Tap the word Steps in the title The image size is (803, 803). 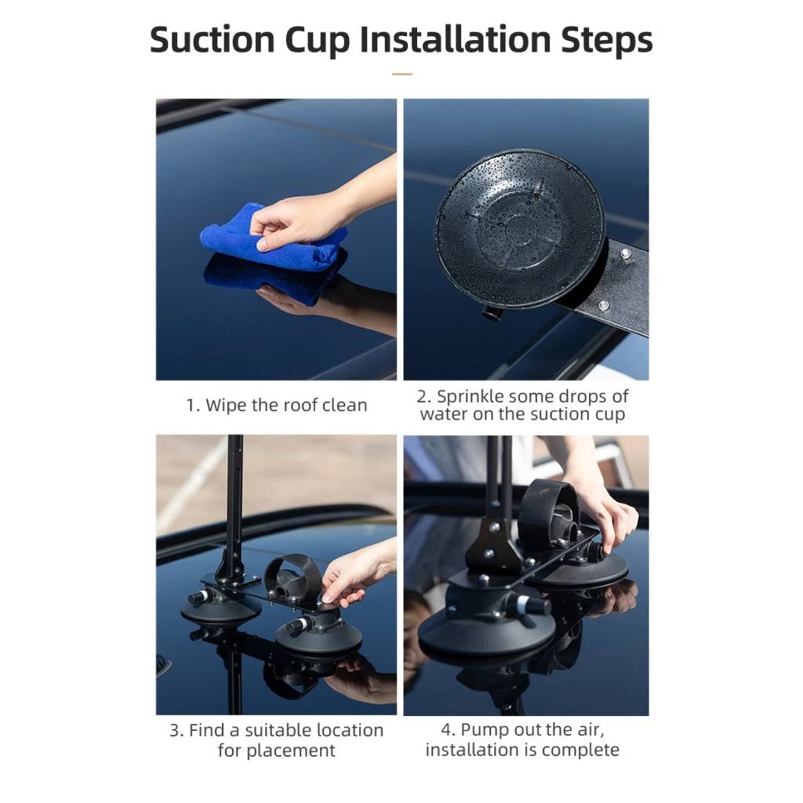pyautogui.click(x=606, y=39)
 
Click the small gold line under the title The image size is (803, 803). pyautogui.click(x=401, y=74)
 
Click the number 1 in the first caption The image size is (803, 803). pyautogui.click(x=191, y=405)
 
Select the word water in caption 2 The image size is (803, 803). pyautogui.click(x=445, y=415)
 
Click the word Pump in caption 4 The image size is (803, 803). pyautogui.click(x=484, y=730)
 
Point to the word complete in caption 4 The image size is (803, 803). pyautogui.click(x=582, y=750)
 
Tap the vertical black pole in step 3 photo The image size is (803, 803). pyautogui.click(x=234, y=502)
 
